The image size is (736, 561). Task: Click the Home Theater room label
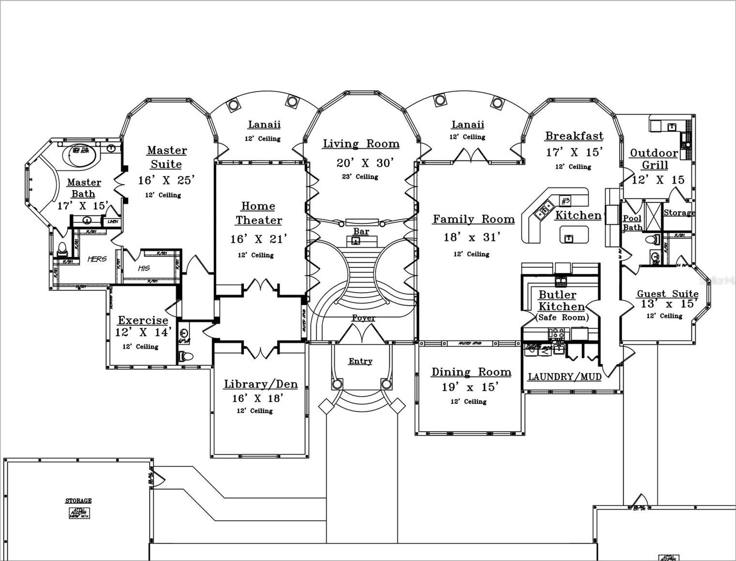pos(259,213)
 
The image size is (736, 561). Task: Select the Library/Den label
pos(261,384)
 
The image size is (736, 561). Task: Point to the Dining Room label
pos(471,372)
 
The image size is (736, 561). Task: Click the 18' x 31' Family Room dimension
pos(472,237)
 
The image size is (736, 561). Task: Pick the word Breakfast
pos(574,136)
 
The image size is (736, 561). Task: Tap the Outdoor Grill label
pos(654,159)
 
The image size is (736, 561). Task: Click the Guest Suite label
pos(667,294)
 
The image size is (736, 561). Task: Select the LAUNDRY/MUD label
pos(564,376)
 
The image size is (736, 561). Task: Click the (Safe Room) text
pos(562,317)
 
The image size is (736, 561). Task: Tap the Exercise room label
pos(143,320)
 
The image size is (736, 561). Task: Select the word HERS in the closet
pos(97,259)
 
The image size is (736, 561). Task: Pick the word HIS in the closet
pos(144,268)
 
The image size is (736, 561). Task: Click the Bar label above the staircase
pos(361,231)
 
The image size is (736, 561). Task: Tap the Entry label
pos(360,361)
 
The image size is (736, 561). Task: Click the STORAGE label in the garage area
pos(78,500)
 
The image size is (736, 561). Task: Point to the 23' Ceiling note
pos(360,176)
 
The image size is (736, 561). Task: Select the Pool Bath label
pos(632,223)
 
